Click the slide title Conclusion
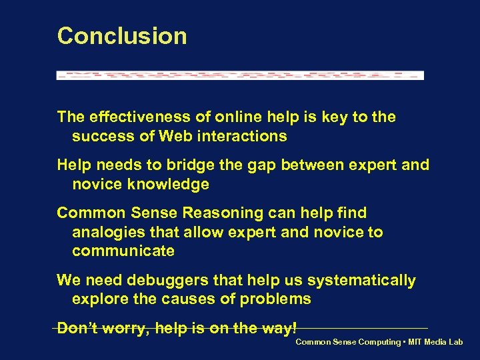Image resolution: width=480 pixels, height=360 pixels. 122,36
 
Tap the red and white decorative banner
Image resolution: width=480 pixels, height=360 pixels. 240,75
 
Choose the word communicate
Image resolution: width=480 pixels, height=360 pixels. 123,251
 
